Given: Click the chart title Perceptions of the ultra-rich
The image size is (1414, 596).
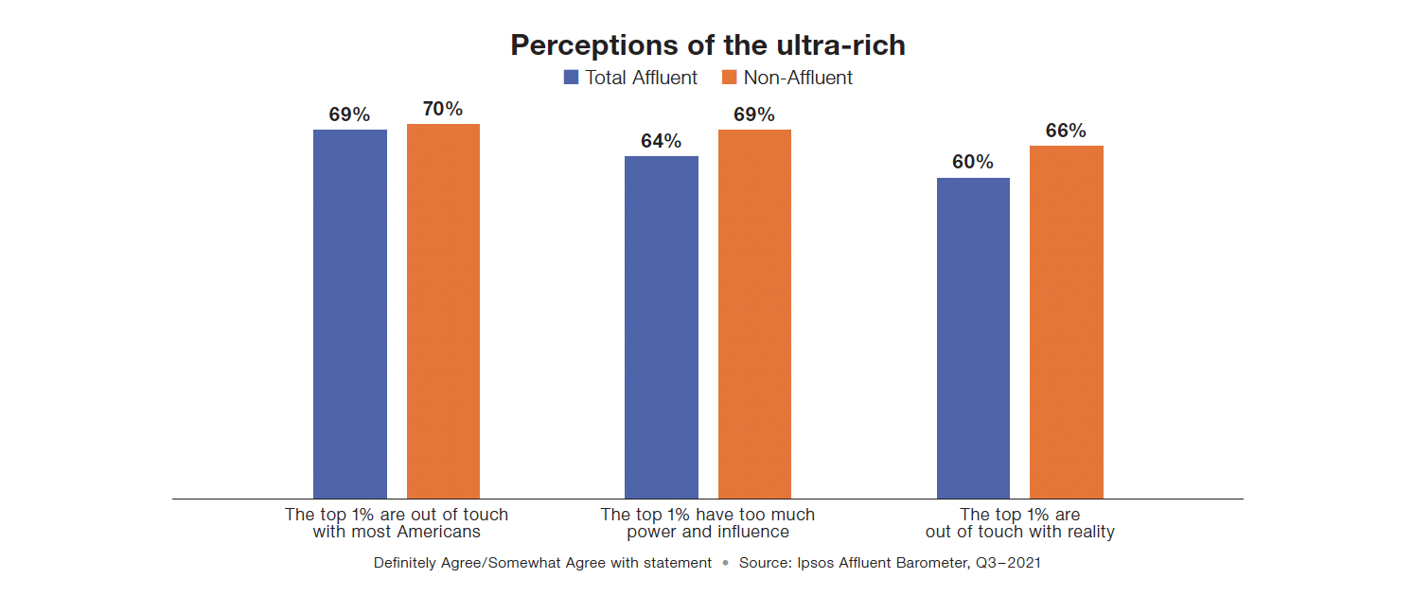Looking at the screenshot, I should coord(707,45).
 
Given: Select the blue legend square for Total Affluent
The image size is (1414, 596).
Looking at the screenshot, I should coord(571,78).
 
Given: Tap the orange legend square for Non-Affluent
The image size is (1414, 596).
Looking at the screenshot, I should coord(730,78).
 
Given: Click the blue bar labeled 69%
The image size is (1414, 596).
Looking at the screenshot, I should coord(350,313).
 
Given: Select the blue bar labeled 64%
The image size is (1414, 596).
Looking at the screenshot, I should coord(662,326).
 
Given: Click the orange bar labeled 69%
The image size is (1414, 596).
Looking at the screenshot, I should coord(754,313).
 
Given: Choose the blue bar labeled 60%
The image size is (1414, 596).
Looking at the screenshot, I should coord(973,338).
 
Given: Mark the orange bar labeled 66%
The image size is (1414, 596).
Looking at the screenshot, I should coord(1066,322).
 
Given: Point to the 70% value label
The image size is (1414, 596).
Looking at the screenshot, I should coord(443,109).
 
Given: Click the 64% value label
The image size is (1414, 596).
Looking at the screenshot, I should coord(661,141).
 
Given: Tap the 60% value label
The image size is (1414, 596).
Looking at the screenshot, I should coord(973,163).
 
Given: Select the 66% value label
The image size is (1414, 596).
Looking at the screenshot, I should coord(1066,131).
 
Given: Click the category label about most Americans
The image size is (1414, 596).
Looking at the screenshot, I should coord(397,523).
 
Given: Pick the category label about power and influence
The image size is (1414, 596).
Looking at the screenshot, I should coord(708,523).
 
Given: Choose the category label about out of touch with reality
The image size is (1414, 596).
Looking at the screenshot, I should coord(1019,523).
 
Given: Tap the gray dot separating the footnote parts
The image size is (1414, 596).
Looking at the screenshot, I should coord(725,563).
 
